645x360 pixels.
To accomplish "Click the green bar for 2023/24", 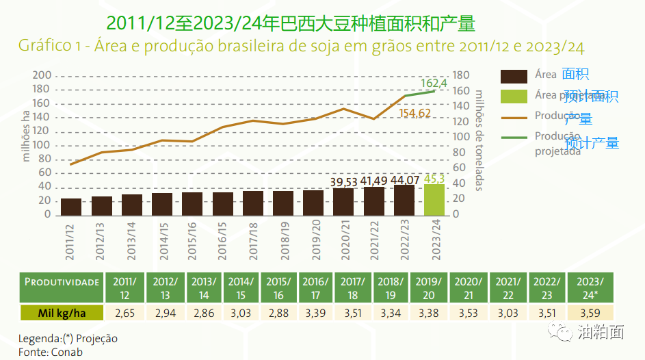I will [x=434, y=199].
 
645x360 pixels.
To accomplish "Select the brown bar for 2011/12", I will [x=71, y=207].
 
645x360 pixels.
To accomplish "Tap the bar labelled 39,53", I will [x=343, y=201].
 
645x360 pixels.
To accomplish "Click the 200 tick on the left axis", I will [x=42, y=75].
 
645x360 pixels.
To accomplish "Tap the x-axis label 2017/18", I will [x=253, y=240].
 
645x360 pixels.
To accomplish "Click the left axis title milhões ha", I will [x=26, y=137].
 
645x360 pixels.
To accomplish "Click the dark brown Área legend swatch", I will [x=514, y=76].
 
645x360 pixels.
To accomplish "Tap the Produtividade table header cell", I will [x=62, y=282].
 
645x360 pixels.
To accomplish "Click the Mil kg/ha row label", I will [x=62, y=313].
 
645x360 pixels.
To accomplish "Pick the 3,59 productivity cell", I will [x=590, y=313].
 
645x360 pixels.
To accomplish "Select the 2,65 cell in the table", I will [x=124, y=313].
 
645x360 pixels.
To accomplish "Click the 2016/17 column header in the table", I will [x=315, y=287].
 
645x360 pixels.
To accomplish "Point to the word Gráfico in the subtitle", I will [x=42, y=46].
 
